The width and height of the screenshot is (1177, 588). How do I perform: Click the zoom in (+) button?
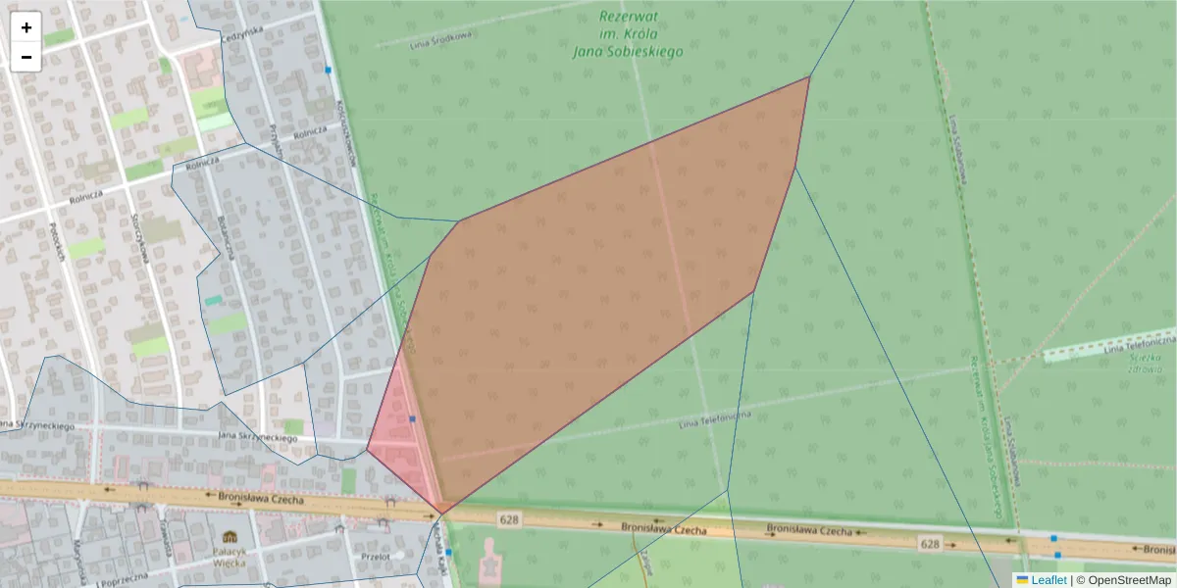26,27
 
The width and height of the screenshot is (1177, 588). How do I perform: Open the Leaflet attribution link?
1049,580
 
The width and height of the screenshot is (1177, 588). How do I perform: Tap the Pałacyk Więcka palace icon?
230,536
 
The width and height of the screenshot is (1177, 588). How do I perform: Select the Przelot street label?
376,557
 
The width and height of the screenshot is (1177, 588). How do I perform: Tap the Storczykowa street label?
140,239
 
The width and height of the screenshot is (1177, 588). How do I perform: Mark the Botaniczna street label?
227,237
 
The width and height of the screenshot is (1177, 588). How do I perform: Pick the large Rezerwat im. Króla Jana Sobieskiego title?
628,33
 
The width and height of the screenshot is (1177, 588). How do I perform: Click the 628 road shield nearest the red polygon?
507,518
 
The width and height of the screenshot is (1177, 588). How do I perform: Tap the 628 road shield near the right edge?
930,543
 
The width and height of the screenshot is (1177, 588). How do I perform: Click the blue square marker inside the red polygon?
413,419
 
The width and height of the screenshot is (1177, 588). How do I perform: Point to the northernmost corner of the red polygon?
809,75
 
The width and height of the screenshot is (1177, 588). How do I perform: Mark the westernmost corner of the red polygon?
367,450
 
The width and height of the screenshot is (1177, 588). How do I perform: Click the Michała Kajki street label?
440,549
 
